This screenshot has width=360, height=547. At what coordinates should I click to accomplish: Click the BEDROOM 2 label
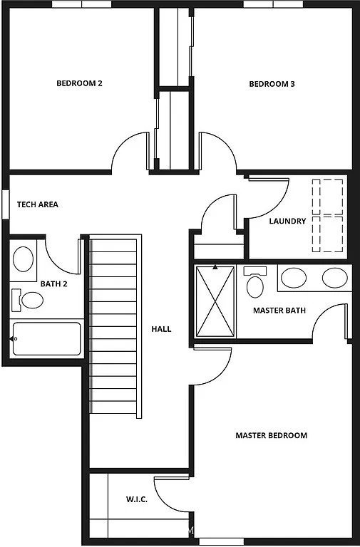pos(79,83)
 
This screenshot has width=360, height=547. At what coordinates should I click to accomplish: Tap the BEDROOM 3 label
pos(272,84)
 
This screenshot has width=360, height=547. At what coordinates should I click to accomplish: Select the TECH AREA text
pos(38,204)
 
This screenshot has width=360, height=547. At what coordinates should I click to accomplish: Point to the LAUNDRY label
pos(287,221)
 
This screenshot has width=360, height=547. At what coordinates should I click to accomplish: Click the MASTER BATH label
pos(279,311)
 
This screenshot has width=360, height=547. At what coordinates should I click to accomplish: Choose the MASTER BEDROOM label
pos(271,435)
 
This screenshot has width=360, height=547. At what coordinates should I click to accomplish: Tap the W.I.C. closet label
pos(136,500)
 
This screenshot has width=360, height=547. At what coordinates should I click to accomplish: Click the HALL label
pos(161,329)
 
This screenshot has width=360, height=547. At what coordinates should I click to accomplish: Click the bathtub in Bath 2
pos(47,339)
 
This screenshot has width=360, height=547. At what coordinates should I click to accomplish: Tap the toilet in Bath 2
pos(28,299)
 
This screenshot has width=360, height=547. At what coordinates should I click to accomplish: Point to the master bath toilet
pos(254,283)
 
